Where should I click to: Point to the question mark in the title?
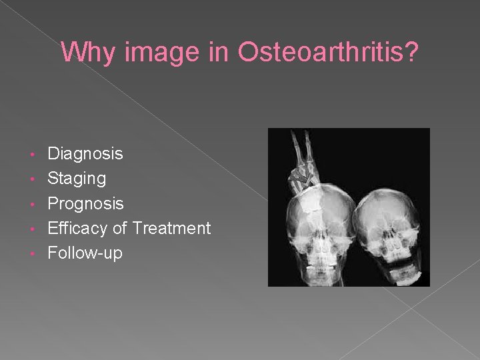pos(412,52)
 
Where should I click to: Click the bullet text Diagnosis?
pos(85,154)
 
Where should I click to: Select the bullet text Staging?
pos(77,179)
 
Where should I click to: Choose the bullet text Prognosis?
pos(85,203)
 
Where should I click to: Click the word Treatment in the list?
pos(171,229)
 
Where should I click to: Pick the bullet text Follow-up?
pos(85,253)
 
